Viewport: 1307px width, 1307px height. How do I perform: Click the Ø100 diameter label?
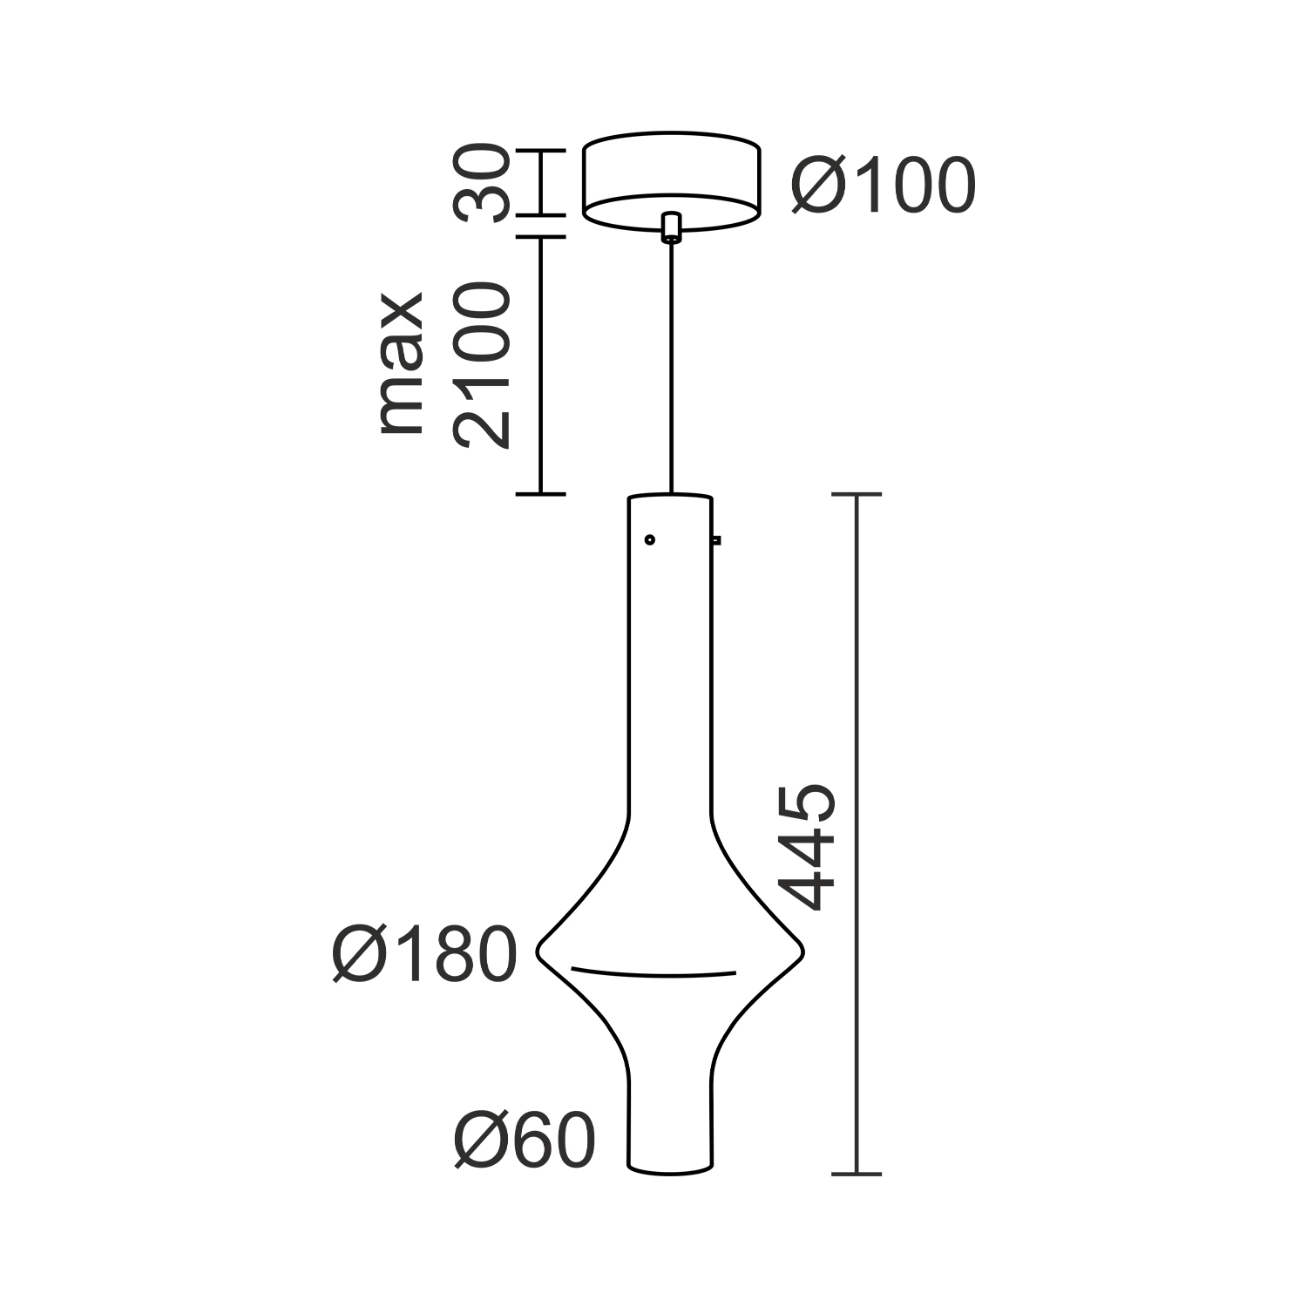click(884, 187)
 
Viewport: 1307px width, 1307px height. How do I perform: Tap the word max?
click(402, 363)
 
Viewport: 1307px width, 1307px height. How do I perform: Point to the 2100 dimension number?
click(480, 365)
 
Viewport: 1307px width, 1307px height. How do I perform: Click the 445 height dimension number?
click(808, 847)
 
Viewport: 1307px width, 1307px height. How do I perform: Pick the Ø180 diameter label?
click(425, 955)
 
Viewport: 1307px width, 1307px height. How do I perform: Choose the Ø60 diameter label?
click(525, 1141)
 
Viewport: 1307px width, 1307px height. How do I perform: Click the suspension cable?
click(671, 366)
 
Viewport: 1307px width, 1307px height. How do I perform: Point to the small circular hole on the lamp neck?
click(649, 540)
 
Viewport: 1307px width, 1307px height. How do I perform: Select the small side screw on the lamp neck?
click(717, 540)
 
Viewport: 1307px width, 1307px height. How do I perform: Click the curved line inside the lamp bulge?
click(653, 972)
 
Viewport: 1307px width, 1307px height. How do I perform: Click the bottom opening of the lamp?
click(671, 1166)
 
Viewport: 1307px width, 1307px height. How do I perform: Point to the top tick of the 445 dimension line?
click(857, 495)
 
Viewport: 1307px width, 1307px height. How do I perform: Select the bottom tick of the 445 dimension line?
click(857, 1174)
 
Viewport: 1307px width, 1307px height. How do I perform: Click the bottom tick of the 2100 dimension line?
click(541, 494)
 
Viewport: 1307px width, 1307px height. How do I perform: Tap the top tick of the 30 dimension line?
click(541, 151)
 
